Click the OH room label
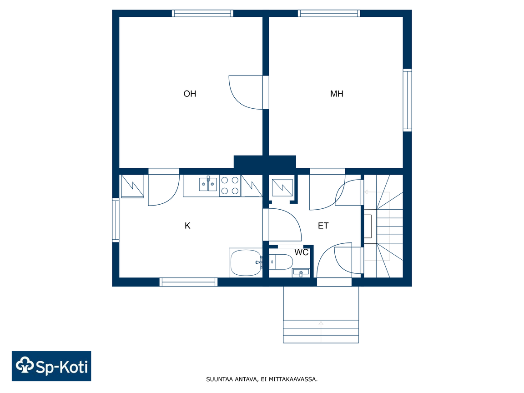coord(190,94)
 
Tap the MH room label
coord(337,94)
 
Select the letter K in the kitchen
coord(187,226)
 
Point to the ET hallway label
coord(323,226)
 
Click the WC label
coord(302,252)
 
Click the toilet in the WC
coord(281,262)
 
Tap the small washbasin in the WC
coord(301,273)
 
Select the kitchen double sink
coord(208,184)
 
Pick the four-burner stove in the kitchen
coord(230,186)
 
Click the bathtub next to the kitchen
coord(246,263)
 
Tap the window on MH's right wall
coord(407,100)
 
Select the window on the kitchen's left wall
coord(116,220)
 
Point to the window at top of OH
coord(202,13)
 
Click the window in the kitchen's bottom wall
coord(188,282)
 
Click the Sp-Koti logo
coord(51,366)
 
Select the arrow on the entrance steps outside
coord(321,332)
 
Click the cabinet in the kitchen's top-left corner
coord(132,186)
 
